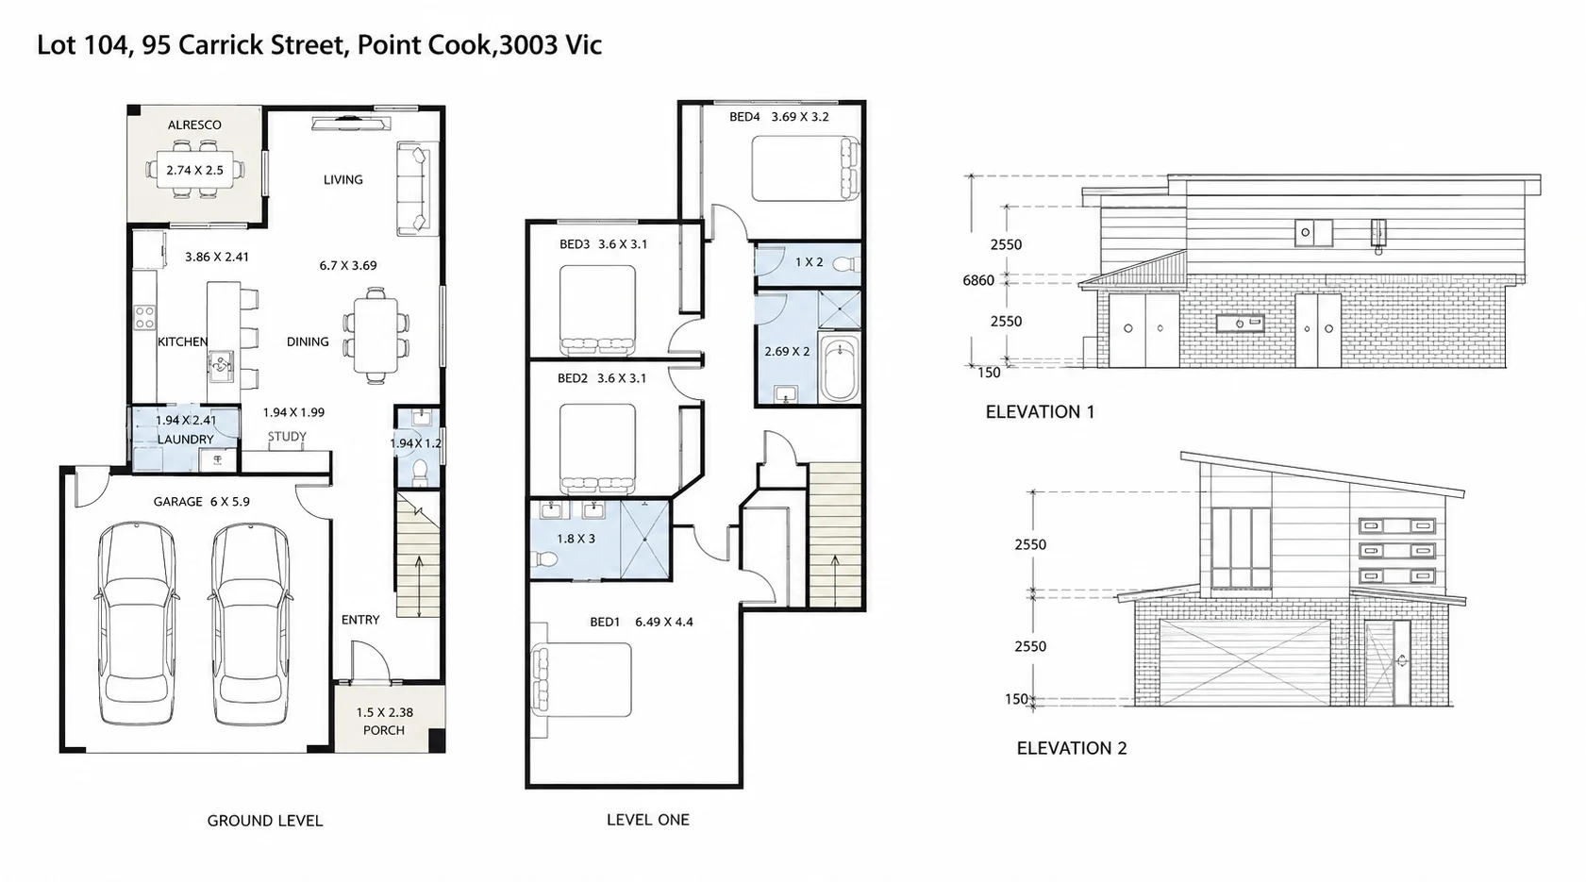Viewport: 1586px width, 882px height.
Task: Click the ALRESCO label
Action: coord(194,125)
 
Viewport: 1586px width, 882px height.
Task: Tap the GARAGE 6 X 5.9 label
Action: coord(201,502)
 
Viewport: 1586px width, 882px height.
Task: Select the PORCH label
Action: coord(384,730)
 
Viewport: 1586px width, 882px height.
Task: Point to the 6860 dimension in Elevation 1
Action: coord(978,280)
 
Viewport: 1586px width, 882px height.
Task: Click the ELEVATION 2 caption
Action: coord(1071,748)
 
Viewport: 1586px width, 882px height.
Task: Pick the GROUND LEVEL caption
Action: coord(265,821)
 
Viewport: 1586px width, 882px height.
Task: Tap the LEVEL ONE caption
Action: coord(648,820)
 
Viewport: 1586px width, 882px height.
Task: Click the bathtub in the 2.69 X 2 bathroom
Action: coord(840,368)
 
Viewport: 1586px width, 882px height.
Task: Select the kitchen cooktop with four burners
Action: coord(145,317)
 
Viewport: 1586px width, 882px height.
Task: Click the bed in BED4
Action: coord(806,169)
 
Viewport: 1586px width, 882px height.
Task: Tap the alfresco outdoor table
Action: coord(194,170)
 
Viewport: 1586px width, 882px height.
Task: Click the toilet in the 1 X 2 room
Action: coord(846,264)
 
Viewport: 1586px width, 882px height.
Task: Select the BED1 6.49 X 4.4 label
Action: coord(642,623)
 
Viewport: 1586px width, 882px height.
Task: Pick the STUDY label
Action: coord(288,437)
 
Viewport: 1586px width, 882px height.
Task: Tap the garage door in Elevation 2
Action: coord(1244,663)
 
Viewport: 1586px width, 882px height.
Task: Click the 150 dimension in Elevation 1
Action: coord(989,373)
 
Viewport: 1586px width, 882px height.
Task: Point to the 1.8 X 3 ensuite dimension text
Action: coord(576,539)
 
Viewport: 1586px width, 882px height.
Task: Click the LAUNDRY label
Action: coord(186,440)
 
